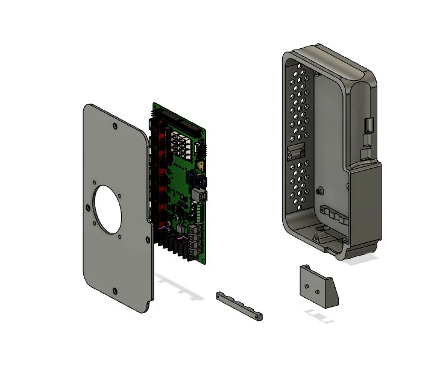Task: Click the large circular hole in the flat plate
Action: click(107, 209)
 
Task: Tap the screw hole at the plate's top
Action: click(114, 127)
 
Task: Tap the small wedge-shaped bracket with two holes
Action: click(318, 285)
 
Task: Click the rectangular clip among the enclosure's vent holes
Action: click(297, 151)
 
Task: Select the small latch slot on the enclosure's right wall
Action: click(369, 127)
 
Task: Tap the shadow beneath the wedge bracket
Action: click(319, 315)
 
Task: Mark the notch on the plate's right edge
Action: click(148, 238)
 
